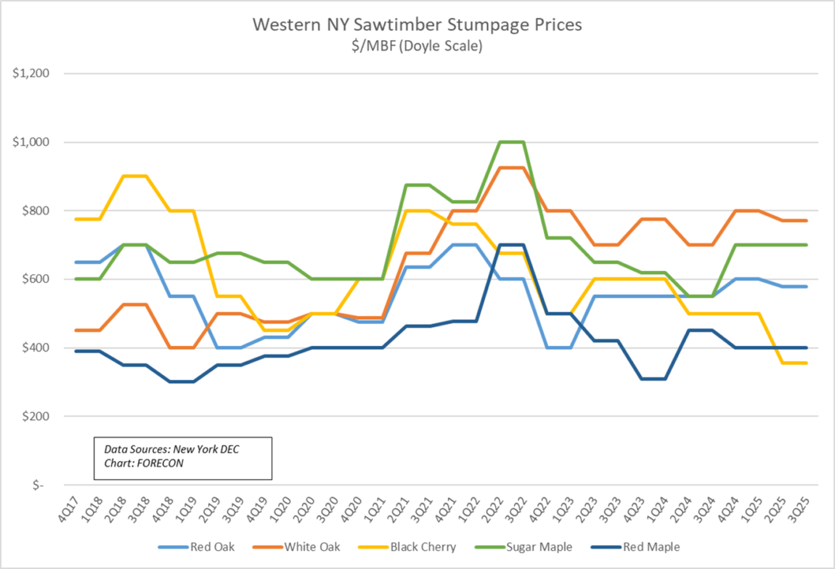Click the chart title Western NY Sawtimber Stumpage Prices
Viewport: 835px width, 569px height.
[417, 25]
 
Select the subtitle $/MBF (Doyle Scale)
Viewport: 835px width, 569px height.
[417, 46]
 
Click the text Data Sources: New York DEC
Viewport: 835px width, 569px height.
[171, 450]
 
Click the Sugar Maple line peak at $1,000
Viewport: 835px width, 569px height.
[512, 142]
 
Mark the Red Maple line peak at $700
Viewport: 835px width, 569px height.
[512, 245]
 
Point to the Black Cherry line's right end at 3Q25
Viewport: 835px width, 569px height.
[807, 363]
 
